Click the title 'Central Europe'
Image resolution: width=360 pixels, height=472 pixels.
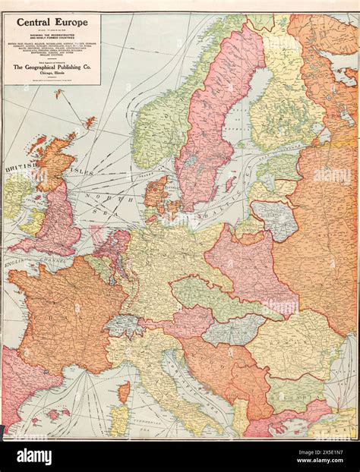pos(52,23)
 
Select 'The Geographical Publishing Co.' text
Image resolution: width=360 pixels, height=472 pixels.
pos(52,67)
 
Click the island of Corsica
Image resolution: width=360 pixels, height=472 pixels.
pos(124,392)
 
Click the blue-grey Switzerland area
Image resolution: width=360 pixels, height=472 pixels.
pos(124,326)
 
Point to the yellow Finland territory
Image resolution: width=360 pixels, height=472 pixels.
pos(285,99)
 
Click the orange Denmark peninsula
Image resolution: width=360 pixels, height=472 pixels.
pos(155,194)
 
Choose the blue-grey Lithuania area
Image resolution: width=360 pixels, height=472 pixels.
pos(274,217)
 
